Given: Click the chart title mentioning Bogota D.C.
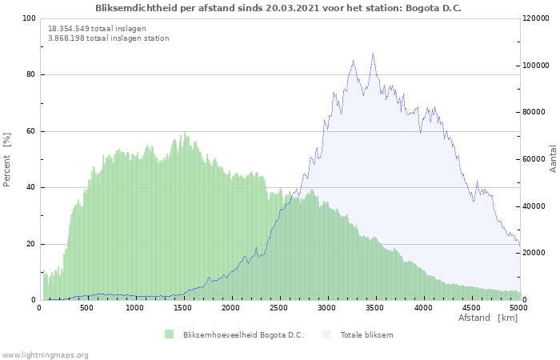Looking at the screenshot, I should pyautogui.click(x=278, y=8).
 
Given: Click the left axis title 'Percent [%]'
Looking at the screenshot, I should pyautogui.click(x=7, y=159).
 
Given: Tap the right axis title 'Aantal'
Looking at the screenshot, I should pyautogui.click(x=553, y=159).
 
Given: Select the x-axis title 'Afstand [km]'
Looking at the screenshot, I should pyautogui.click(x=488, y=318).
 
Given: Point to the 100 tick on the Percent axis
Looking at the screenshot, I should pyautogui.click(x=29, y=18).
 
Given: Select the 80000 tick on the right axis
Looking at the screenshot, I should pyautogui.click(x=534, y=112).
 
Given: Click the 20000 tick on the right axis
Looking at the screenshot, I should pyautogui.click(x=534, y=253).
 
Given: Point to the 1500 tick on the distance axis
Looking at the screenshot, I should pyautogui.click(x=182, y=307).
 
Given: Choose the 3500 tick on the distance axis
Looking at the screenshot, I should pyautogui.click(x=375, y=307).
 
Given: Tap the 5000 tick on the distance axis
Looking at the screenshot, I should pyautogui.click(x=518, y=307).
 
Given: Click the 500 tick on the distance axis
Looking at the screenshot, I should pyautogui.click(x=86, y=307).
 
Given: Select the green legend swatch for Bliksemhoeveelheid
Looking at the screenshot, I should pyautogui.click(x=169, y=334).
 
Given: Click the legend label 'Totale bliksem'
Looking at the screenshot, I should pyautogui.click(x=366, y=334).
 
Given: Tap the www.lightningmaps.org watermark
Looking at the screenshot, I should pyautogui.click(x=45, y=354).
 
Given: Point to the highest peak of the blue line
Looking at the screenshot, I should pyautogui.click(x=373, y=54).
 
